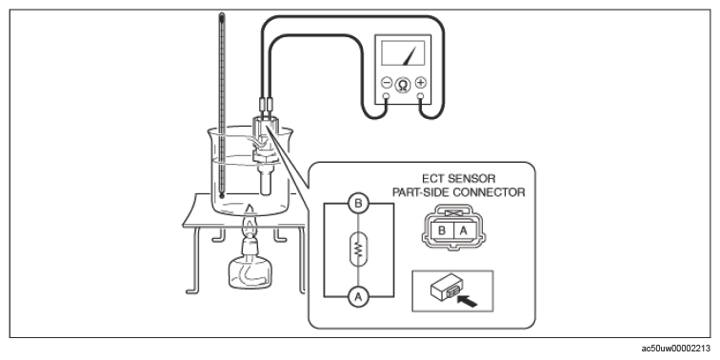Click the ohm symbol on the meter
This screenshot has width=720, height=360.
[x=403, y=86]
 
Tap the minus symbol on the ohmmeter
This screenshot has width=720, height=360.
[x=387, y=83]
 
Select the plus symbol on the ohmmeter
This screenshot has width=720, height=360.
[x=420, y=83]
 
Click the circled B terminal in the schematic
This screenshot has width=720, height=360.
[x=358, y=204]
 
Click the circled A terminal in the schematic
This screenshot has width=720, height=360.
[x=358, y=297]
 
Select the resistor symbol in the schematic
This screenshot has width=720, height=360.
[x=358, y=250]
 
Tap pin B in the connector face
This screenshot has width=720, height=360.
[x=442, y=230]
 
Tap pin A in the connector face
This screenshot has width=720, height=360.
[x=463, y=230]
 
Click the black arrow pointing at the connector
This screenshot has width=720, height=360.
[x=468, y=301]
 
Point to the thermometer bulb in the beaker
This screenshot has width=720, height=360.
[x=222, y=196]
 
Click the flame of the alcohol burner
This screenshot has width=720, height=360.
[x=250, y=224]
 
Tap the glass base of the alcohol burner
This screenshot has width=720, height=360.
[x=250, y=272]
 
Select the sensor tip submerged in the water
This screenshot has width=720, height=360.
[x=265, y=183]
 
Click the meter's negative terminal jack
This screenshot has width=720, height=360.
[x=386, y=96]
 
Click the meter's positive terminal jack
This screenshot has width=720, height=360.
[x=420, y=96]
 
